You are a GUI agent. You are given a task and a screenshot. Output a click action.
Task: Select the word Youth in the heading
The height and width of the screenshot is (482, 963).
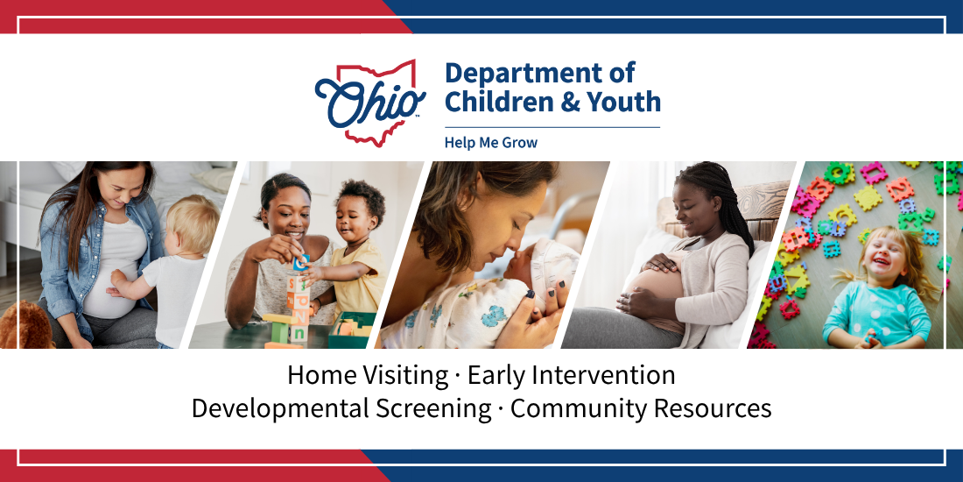pos(622,102)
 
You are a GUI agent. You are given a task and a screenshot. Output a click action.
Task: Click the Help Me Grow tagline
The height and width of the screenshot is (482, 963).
pos(491,143)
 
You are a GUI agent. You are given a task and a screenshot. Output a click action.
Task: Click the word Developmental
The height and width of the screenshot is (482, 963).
pos(280,409)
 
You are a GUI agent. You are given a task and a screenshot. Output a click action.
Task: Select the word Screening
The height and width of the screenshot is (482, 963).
pos(434,409)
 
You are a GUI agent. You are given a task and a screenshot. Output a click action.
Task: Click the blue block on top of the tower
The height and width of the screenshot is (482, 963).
pos(301,263)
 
